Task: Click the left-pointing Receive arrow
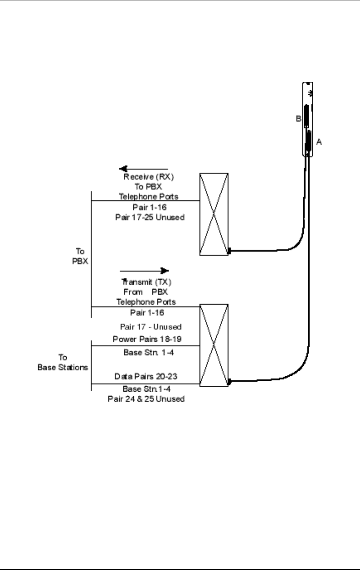coord(144,169)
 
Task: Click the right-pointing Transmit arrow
coord(144,271)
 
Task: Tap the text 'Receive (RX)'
coord(149,177)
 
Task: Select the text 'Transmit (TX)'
coord(146,282)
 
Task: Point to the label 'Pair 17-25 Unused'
coord(150,217)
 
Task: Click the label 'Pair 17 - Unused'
coord(151,327)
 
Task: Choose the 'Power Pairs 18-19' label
coord(147,339)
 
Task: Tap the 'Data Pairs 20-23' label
coord(146,376)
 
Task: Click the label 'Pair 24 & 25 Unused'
coord(146,399)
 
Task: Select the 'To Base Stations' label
coord(62,362)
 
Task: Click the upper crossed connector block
coord(214,214)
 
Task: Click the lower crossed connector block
coord(214,345)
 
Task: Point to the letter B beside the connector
coord(298,118)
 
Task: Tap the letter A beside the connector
coord(319,142)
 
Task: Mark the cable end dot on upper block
coord(229,251)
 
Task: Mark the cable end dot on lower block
coord(229,382)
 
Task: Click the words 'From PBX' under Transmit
coord(146,292)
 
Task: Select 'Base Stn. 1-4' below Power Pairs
coord(149,352)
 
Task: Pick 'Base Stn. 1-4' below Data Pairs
coord(146,389)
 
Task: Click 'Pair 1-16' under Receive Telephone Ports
coord(150,207)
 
